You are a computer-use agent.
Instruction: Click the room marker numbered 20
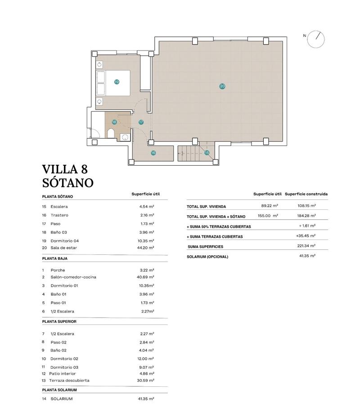coord(222,86)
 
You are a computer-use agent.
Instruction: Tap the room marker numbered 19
coord(117,82)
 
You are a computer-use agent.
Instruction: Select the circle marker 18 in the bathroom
coord(114,122)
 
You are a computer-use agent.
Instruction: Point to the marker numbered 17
coord(141,122)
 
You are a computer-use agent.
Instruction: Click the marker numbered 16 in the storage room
coord(153,153)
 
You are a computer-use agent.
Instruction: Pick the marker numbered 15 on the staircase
coord(207,153)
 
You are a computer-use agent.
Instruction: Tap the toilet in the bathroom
coord(111,133)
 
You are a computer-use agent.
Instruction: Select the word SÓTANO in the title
coord(67,182)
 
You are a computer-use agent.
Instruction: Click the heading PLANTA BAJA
coord(55,259)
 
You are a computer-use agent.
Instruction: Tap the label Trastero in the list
coord(59,215)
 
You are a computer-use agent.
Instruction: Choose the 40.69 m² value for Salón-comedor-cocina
coord(145,277)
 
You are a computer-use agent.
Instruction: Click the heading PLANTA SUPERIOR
coord(59,322)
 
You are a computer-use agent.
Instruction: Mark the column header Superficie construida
coord(306,194)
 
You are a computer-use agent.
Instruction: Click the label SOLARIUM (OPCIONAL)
coord(207,257)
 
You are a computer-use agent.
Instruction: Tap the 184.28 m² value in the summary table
coord(306,216)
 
